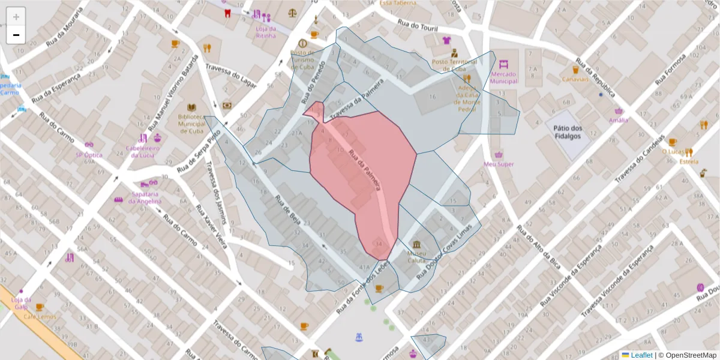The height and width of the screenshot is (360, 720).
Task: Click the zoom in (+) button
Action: click(16, 17)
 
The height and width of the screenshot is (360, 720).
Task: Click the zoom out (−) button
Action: click(16, 35)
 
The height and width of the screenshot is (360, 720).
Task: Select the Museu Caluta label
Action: click(416, 257)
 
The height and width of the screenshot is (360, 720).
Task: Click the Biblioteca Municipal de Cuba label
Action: click(191, 124)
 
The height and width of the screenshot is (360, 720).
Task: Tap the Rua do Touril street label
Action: click(418, 26)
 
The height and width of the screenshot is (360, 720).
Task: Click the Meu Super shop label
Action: click(499, 164)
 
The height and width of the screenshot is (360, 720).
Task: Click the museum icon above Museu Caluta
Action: click(416, 244)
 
